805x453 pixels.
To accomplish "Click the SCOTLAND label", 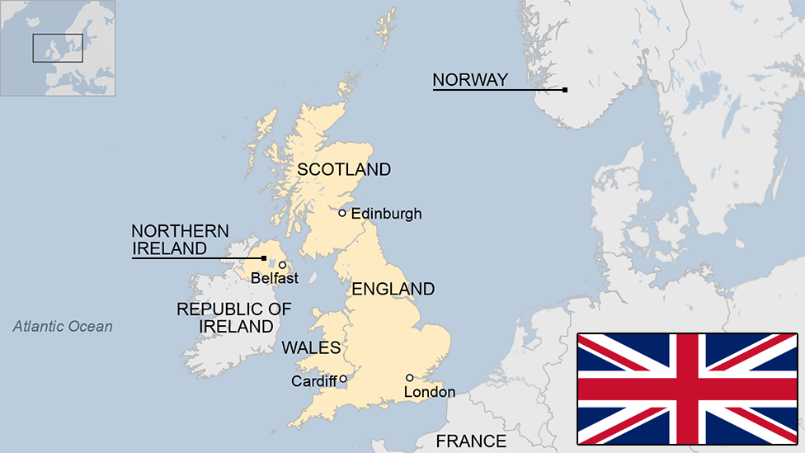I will tap(344, 170).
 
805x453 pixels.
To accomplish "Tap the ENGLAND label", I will tap(393, 289).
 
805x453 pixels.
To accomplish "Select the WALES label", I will tap(311, 347).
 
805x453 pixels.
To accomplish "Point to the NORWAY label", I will tap(470, 80).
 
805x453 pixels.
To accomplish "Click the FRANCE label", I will tap(471, 441).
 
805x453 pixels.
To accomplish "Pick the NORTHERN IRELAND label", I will tap(181, 239).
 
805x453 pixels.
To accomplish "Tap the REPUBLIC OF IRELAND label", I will tap(234, 318).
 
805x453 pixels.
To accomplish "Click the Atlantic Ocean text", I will tap(63, 327).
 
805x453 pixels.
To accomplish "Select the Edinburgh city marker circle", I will tap(342, 213).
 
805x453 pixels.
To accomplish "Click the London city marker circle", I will tap(409, 378).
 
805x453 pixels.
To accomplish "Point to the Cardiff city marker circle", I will tap(342, 380).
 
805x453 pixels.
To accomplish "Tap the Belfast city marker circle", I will tap(282, 265).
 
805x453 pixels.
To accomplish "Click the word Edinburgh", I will tap(386, 214).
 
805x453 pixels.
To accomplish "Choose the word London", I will tap(430, 392).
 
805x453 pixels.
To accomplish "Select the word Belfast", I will tap(275, 279).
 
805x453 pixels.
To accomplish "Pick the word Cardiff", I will tap(314, 381).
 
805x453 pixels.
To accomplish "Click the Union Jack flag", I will tap(687, 389).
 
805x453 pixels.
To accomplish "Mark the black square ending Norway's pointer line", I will tap(565, 89).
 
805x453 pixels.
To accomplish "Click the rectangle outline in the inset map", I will tap(58, 48).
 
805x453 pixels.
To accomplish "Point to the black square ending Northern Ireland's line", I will tap(263, 258).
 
